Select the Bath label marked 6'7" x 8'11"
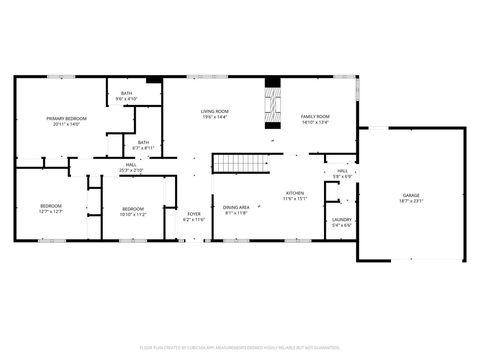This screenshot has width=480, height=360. coord(144,142)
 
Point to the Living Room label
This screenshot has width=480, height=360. coord(215,111)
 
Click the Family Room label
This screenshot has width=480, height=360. coord(315,117)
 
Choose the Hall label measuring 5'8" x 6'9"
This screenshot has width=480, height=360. coord(342,171)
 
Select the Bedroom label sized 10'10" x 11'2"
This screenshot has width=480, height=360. coord(133,209)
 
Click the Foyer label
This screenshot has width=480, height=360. coord(194,214)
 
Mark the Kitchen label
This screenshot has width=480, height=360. coord(295,192)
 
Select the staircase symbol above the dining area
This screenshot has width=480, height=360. coord(241,163)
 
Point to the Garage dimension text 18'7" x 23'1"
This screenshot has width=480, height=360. coord(411,201)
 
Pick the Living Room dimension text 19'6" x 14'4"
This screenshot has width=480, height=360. coord(215,117)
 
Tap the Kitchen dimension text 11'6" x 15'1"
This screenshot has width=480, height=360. coord(295,198)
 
